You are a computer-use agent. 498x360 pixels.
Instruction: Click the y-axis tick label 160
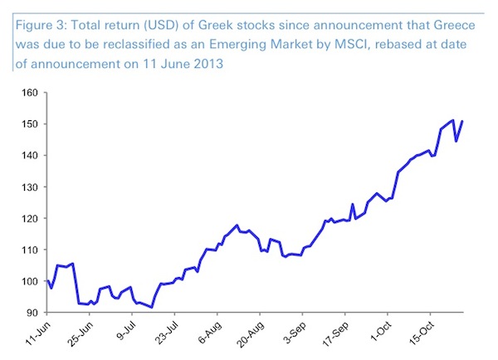[32, 93]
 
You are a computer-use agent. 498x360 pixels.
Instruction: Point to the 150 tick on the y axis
[32, 124]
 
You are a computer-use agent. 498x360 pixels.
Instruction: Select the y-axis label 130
[32, 187]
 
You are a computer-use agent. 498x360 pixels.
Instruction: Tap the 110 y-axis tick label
[32, 250]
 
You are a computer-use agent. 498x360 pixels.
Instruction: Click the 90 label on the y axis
[34, 313]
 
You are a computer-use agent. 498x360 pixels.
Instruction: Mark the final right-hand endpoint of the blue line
[461, 122]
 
